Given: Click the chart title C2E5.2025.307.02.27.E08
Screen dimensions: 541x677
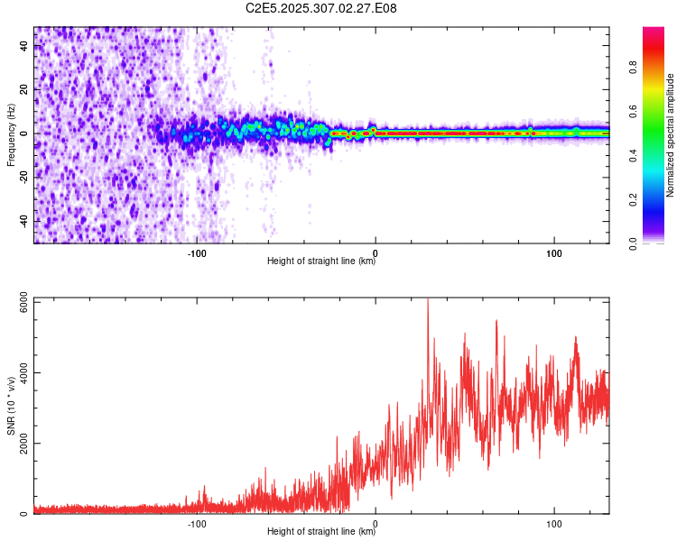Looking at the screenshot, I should [x=321, y=8].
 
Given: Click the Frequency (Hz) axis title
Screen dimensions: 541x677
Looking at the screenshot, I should [x=11, y=134].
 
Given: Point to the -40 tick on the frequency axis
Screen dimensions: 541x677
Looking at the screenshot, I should [x=23, y=222].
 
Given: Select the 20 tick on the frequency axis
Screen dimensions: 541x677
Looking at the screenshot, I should [x=23, y=89].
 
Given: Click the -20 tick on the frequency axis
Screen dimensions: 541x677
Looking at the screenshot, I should [x=23, y=178].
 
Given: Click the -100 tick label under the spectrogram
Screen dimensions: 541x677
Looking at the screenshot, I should [x=197, y=252].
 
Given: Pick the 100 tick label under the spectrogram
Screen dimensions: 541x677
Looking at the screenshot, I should [x=552, y=252].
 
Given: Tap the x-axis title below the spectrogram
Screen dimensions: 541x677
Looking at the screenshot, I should [x=321, y=262].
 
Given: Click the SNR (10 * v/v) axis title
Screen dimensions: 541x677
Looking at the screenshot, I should [x=11, y=406].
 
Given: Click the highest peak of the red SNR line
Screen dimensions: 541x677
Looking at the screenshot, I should [x=427, y=300].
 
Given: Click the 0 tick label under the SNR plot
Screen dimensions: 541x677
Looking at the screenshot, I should [x=375, y=522].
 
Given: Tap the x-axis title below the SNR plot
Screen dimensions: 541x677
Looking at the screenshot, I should [x=321, y=533].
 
